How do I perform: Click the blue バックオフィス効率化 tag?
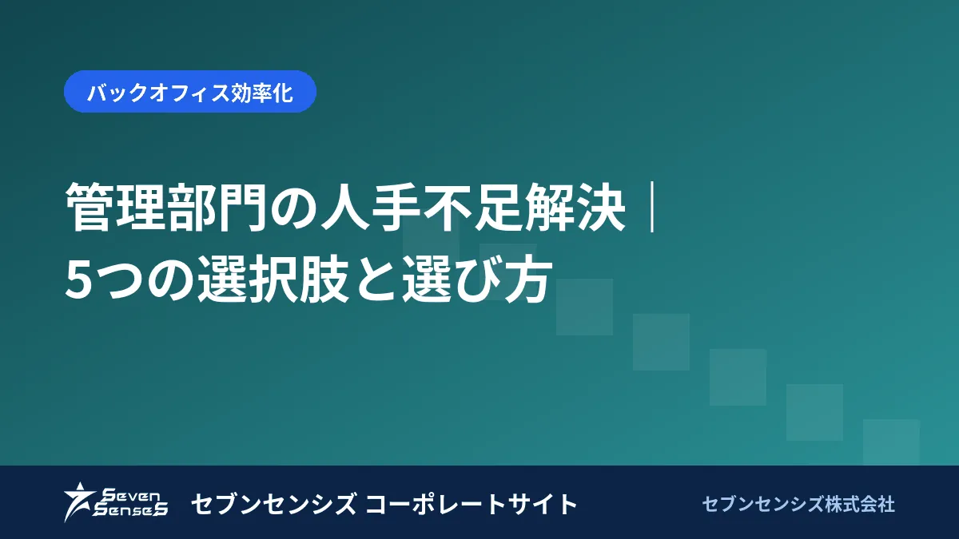190,92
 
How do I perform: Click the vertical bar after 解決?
651,208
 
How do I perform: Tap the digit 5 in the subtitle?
79,280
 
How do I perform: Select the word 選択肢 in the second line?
273,279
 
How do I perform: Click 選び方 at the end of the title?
476,279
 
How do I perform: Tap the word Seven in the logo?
132,496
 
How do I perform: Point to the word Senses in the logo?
130,509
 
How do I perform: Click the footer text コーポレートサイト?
472,504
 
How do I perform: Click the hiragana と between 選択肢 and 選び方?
375,279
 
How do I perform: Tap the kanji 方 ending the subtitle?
527,279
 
